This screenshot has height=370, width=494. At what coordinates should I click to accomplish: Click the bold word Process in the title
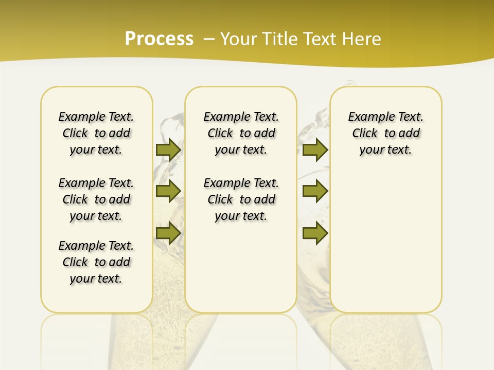(x=159, y=39)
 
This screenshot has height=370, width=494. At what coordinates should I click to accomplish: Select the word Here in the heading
(x=362, y=39)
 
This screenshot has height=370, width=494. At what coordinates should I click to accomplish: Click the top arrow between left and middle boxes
(x=168, y=150)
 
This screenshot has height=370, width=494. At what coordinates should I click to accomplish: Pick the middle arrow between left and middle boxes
(x=168, y=191)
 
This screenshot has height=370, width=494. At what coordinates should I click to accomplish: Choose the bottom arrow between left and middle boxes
(x=168, y=233)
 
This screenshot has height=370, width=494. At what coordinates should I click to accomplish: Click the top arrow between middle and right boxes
(x=315, y=150)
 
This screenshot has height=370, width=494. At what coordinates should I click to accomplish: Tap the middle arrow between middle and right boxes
(x=315, y=191)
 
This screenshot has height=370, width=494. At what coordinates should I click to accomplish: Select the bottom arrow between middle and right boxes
(x=315, y=233)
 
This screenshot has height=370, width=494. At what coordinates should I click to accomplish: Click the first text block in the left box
(x=96, y=133)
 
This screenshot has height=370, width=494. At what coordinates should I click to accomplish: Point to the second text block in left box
(x=96, y=199)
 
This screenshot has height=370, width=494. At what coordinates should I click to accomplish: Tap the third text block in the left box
(x=96, y=262)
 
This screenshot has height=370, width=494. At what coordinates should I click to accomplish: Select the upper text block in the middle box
(x=241, y=133)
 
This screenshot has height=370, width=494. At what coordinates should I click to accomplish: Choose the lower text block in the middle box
(x=241, y=199)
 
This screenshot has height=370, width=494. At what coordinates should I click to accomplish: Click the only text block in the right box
(x=386, y=133)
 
